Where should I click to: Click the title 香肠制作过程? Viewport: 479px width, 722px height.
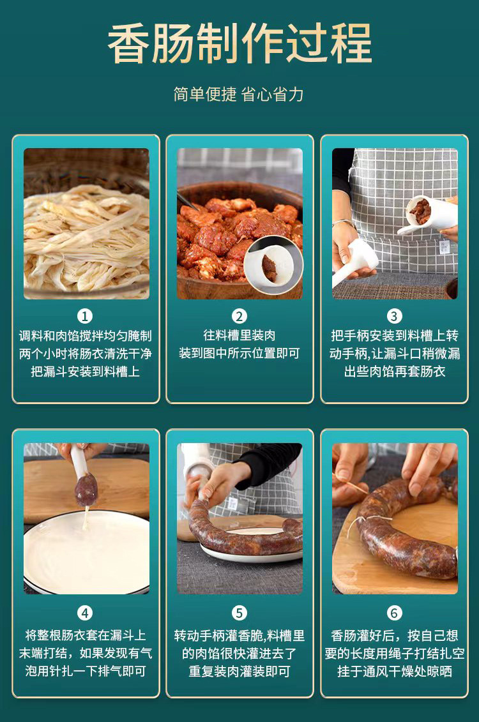click(x=240, y=44)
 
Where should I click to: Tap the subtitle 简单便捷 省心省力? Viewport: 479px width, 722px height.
click(x=239, y=94)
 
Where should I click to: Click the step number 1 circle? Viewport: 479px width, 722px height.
click(x=85, y=316)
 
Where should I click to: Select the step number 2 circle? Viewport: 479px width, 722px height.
click(x=240, y=316)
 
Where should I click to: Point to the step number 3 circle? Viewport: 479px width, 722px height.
click(x=394, y=316)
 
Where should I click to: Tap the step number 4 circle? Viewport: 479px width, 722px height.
click(x=85, y=613)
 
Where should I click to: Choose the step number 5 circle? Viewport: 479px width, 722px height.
click(x=240, y=613)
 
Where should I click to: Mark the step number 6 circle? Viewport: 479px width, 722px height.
click(x=394, y=613)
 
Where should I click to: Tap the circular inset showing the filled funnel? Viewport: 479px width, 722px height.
click(x=273, y=264)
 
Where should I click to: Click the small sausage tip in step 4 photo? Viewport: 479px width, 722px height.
click(x=86, y=490)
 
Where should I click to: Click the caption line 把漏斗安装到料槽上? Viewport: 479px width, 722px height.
click(x=86, y=372)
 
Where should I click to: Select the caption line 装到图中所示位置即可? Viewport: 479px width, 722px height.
click(x=240, y=354)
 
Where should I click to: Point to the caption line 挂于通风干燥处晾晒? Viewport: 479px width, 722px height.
click(x=394, y=672)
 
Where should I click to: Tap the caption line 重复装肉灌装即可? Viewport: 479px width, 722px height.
click(x=240, y=672)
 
